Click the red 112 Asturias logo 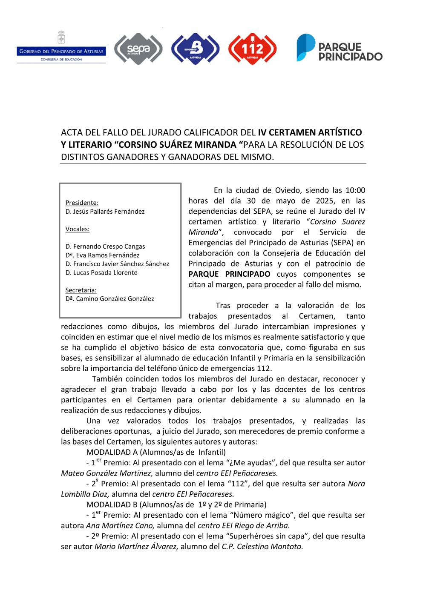click(252, 49)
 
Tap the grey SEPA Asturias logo click(138, 49)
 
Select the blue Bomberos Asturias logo click(195, 49)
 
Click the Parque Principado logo click(339, 48)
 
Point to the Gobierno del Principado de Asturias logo click(61, 48)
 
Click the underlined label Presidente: click(82, 203)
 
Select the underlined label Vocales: click(77, 229)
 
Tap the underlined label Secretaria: click(81, 290)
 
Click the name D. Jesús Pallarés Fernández click(105, 212)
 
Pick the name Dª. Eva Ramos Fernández click(102, 255)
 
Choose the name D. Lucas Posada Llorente click(101, 272)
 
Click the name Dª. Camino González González click(109, 299)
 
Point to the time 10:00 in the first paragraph click(355, 190)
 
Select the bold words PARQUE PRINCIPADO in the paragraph click(229, 274)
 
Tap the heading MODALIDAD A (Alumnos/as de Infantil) click(156, 452)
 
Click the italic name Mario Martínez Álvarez click(136, 547)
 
